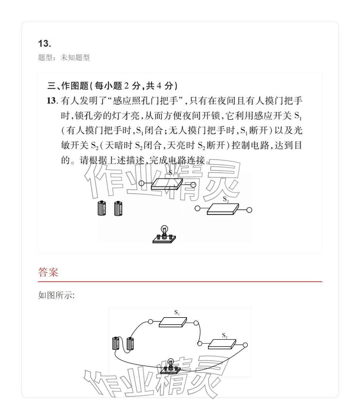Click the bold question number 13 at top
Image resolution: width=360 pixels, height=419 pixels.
coord(44,43)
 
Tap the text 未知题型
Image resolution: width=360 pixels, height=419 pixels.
coord(75,57)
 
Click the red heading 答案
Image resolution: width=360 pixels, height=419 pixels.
coord(48,272)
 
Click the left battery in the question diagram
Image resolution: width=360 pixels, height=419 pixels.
coord(102,208)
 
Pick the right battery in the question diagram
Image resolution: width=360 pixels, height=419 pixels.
coord(118,208)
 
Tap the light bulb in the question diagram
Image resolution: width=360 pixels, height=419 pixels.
coord(164,230)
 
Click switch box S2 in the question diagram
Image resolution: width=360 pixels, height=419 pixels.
coord(223,209)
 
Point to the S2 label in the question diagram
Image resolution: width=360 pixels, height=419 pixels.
coord(226,199)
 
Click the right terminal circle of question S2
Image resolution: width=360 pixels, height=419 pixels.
coord(249,210)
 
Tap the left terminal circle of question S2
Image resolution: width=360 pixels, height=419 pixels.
coord(197,208)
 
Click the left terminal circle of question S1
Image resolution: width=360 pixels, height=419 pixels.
coord(141,183)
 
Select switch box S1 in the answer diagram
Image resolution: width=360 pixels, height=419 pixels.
coord(173,322)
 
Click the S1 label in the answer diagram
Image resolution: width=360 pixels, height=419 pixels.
coord(177,312)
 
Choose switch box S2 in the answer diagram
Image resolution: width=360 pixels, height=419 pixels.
coord(222,344)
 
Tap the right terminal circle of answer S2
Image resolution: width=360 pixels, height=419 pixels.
coord(245,345)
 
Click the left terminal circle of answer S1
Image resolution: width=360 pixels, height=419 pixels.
coord(151,322)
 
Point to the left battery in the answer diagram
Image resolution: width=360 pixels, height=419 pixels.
coord(116,343)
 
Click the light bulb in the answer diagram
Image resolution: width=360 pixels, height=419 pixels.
coord(171,363)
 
